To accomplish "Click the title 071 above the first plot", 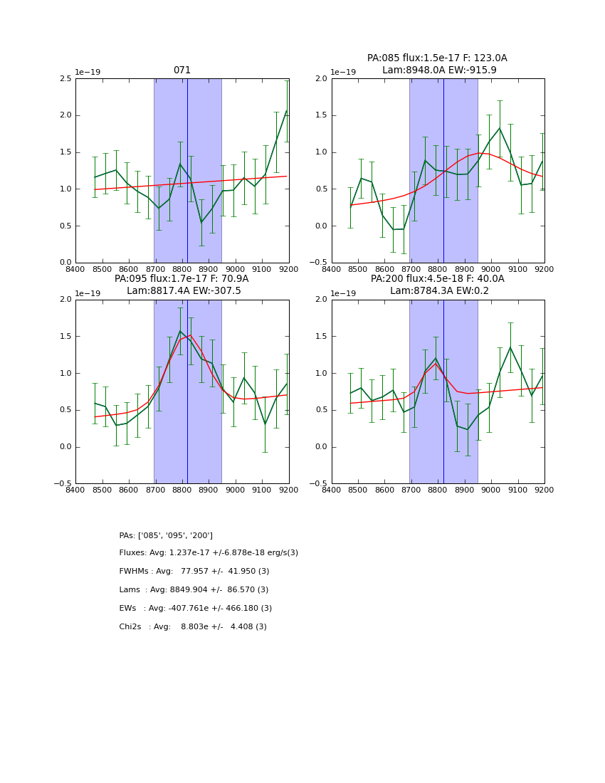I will click(181, 70).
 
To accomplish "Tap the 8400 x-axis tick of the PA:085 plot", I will click(332, 270).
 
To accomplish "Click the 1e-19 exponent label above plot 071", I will click(88, 73).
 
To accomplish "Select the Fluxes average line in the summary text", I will click(209, 553).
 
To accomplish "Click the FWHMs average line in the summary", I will click(194, 572).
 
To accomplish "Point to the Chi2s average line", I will click(193, 627).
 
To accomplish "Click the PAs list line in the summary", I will click(166, 535).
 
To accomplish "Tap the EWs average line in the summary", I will click(195, 609).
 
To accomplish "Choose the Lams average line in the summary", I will click(194, 590).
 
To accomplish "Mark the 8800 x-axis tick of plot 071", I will click(181, 270).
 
